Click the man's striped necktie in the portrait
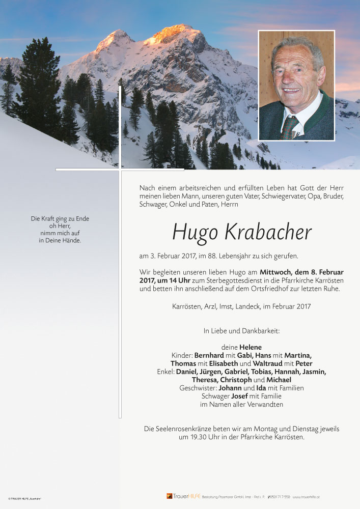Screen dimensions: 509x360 coord(289,127)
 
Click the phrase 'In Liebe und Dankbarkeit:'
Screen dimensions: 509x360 coord(242,331)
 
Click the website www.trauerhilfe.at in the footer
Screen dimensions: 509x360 coord(306,497)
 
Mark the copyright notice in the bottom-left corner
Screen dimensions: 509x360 coord(24,498)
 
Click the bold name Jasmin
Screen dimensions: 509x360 coord(314,372)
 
